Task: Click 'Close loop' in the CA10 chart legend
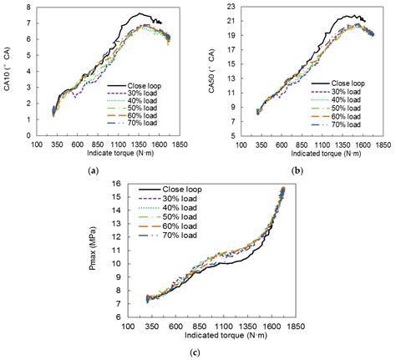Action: [x=147, y=85]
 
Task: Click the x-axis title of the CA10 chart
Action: [x=110, y=155]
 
